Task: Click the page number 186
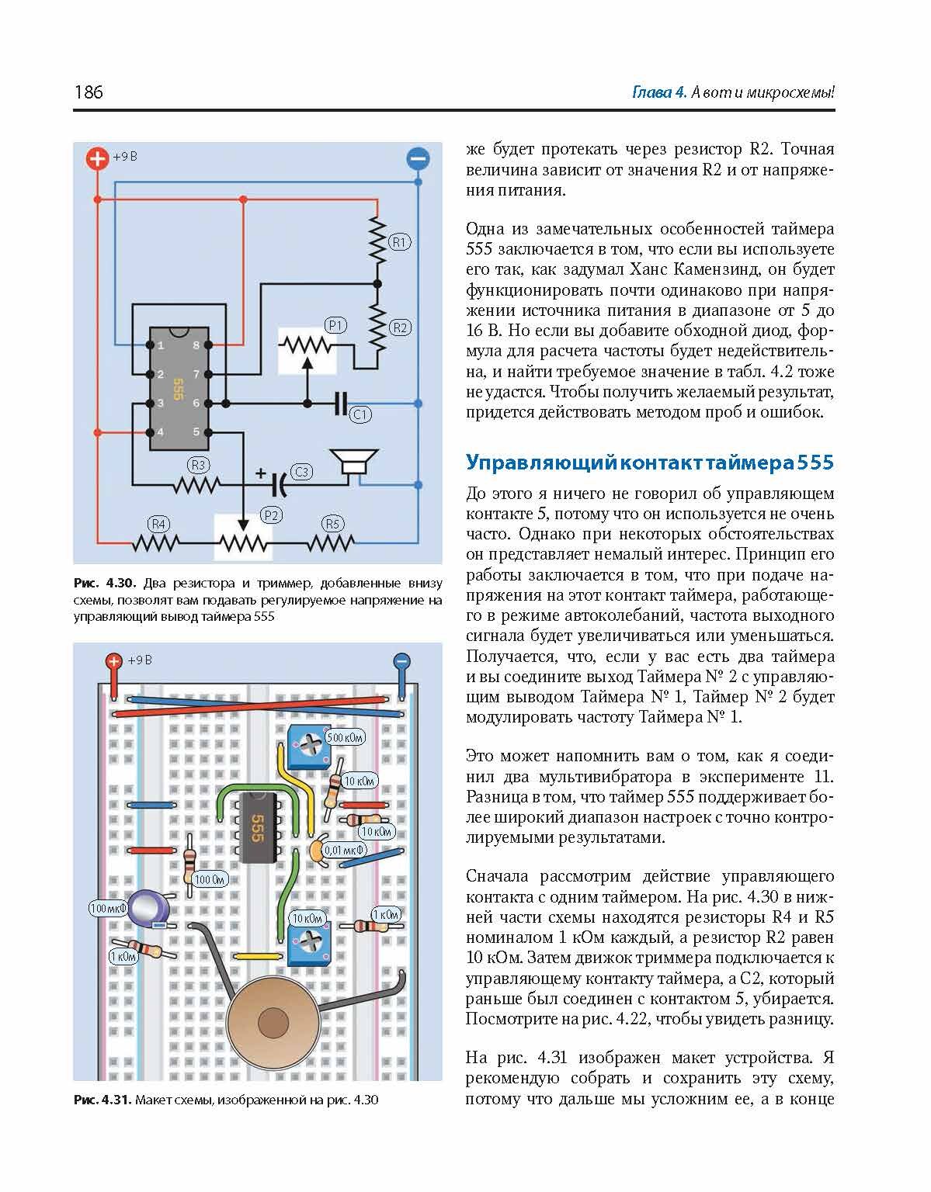[89, 92]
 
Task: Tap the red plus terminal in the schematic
[97, 159]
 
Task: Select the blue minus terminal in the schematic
[418, 159]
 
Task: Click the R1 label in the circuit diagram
[399, 242]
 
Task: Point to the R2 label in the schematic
[400, 327]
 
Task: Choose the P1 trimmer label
[335, 325]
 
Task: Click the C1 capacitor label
[360, 414]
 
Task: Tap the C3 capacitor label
[300, 472]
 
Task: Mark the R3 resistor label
[199, 465]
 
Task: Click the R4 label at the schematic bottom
[159, 524]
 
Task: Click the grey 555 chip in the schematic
[179, 388]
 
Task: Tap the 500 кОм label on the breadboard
[345, 737]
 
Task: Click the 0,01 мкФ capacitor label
[345, 850]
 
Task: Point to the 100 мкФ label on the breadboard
[108, 908]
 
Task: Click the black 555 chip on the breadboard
[256, 827]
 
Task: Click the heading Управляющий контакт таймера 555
[649, 463]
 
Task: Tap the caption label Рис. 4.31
[103, 1100]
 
